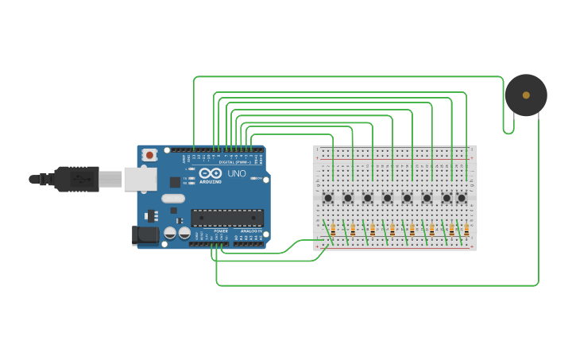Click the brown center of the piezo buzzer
pos(526,95)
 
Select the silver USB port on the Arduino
pos(140,179)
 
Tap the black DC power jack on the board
pos(145,234)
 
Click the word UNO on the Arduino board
pos(237,173)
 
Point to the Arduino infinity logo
pos(211,172)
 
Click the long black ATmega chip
pos(227,218)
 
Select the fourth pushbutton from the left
pos(388,197)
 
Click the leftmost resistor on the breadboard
pos(333,230)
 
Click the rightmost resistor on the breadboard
pos(466,230)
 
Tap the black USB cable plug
pos(76,179)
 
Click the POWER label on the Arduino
pos(220,231)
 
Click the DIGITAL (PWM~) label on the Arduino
pos(236,162)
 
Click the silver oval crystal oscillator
pos(172,199)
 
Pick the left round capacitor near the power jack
pos(170,233)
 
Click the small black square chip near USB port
pos(175,182)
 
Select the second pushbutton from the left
pos(348,197)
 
